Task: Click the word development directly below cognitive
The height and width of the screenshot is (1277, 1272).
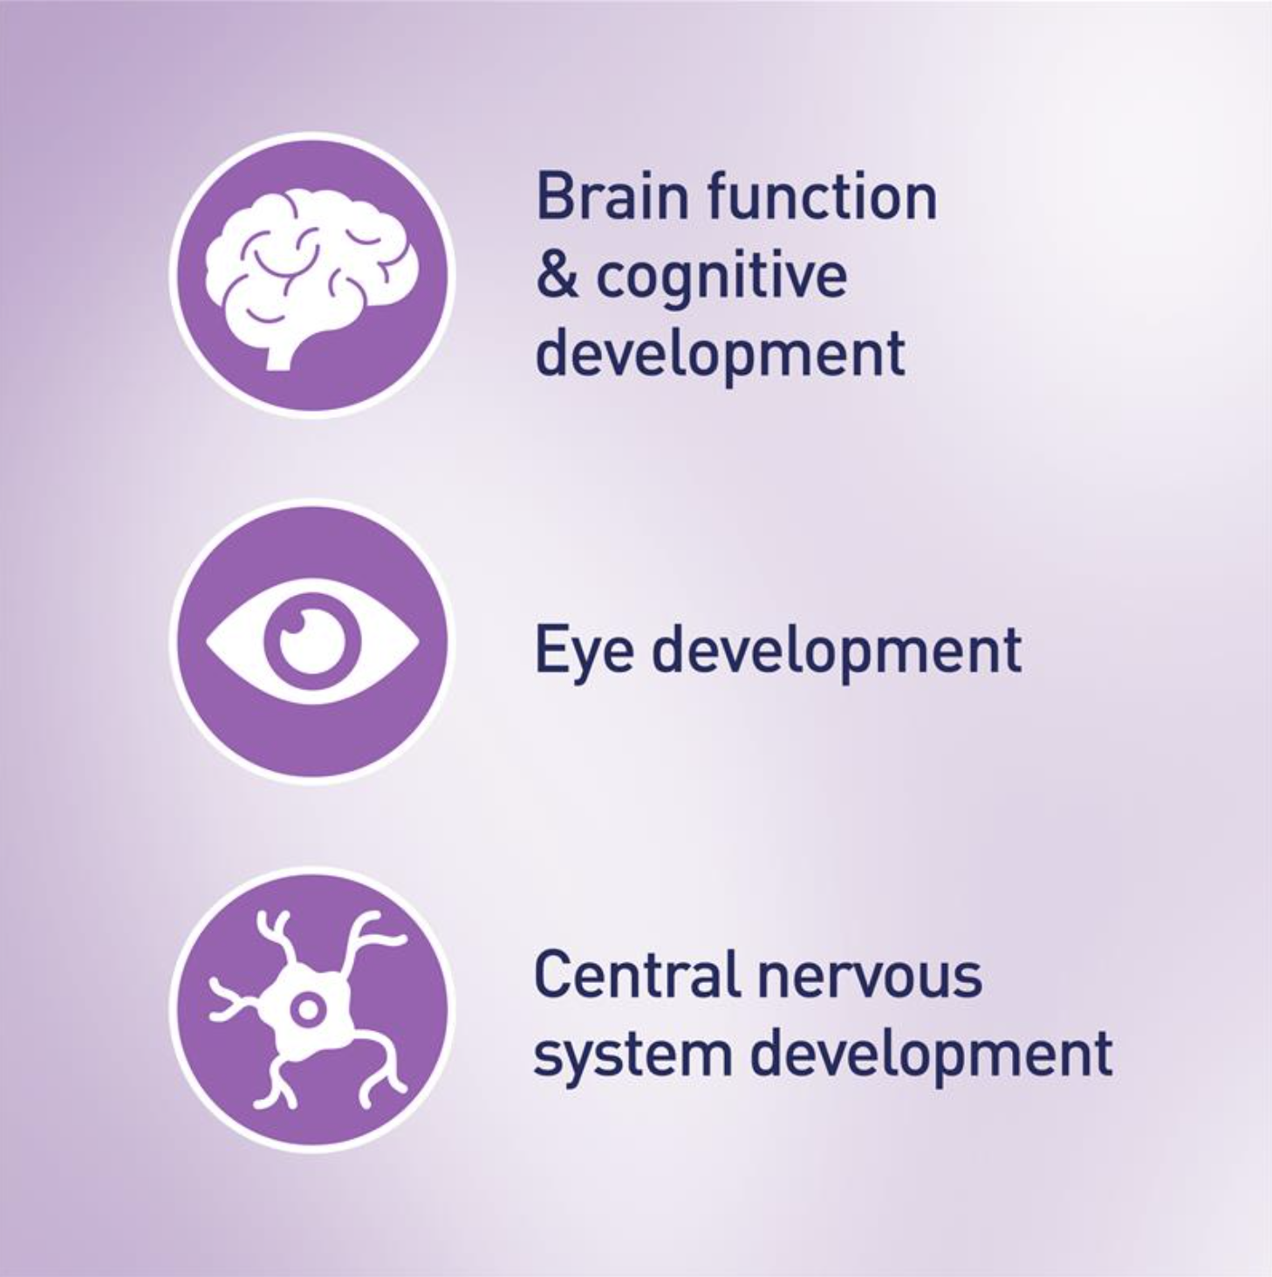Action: click(x=721, y=356)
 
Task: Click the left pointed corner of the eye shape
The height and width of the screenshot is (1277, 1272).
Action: click(x=207, y=640)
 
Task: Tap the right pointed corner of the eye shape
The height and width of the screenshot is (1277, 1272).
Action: click(x=419, y=640)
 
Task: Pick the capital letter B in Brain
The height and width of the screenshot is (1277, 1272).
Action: click(x=556, y=196)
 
